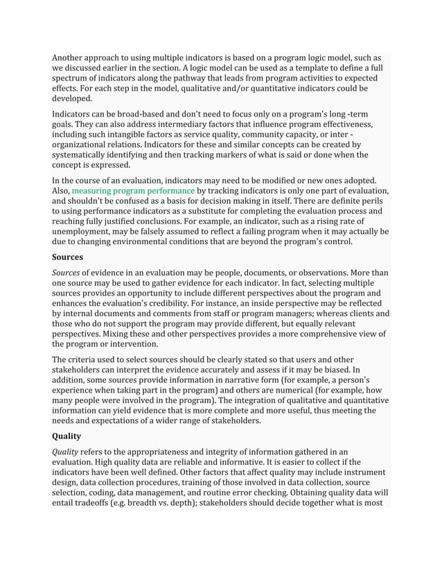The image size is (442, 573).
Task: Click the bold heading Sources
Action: point(68,256)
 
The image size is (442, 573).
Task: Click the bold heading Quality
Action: point(67,436)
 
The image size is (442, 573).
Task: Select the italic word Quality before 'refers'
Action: point(66,452)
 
